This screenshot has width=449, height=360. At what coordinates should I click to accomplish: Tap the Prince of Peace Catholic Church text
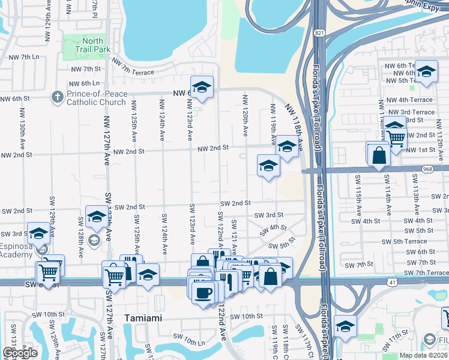coord(96,98)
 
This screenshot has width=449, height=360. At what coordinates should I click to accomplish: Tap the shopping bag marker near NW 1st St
coord(379,155)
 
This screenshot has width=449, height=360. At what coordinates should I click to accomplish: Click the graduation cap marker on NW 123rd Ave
coord(202,87)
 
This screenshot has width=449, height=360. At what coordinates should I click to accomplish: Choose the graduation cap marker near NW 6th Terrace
coord(426,72)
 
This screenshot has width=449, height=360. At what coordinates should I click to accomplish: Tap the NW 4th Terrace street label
coord(410,100)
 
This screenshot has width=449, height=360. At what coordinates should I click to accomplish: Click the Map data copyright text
coord(423,355)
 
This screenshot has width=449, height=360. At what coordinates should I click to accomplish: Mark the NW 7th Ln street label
coord(24,57)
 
